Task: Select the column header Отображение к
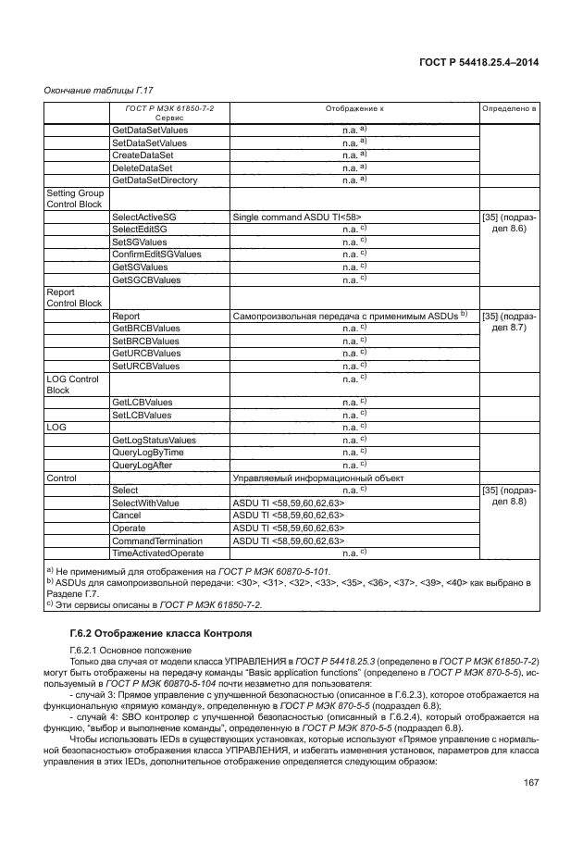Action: [x=354, y=109]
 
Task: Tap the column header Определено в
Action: [x=508, y=109]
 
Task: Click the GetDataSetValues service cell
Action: [x=149, y=130]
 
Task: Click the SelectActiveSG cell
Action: [x=143, y=216]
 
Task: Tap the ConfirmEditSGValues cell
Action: [x=156, y=254]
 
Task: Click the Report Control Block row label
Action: [x=74, y=297]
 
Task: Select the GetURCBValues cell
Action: [x=146, y=354]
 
